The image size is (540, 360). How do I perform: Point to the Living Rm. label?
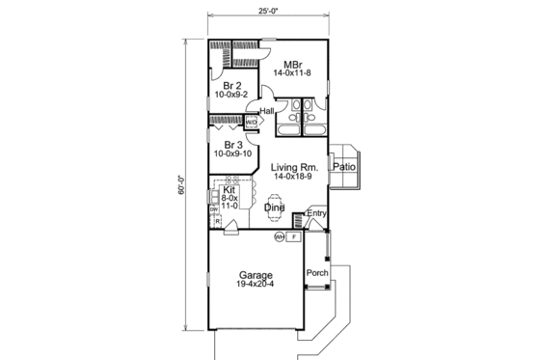click(x=294, y=166)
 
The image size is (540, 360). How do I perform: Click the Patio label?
click(x=344, y=166)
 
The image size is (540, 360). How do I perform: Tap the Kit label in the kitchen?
click(x=229, y=190)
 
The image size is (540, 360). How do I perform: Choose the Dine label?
click(x=273, y=207)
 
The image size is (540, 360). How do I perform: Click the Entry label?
click(x=317, y=212)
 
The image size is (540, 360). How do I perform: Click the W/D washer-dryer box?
click(x=251, y=123)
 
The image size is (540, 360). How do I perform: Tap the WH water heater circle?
click(x=280, y=235)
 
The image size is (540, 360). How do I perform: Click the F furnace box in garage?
click(x=294, y=235)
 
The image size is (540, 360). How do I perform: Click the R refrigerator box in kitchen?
click(x=220, y=220)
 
